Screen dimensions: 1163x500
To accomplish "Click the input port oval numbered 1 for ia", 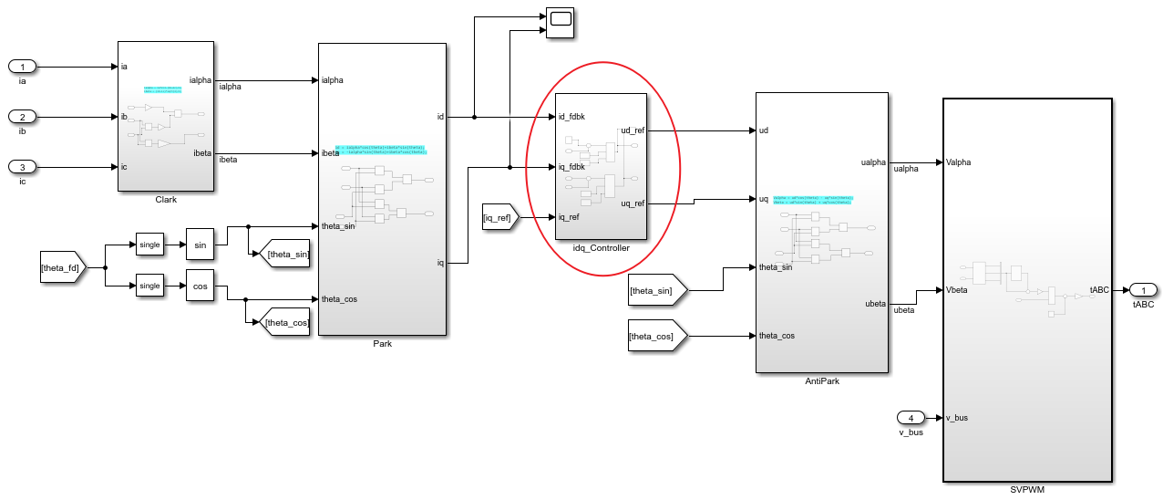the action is tap(22, 67).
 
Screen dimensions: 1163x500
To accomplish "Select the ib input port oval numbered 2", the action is tap(22, 117).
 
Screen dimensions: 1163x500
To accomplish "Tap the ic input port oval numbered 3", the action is tap(22, 167).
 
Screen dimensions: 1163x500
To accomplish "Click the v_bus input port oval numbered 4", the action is tap(911, 418).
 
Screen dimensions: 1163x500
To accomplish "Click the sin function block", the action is tap(199, 245).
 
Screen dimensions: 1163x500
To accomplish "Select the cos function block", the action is tap(199, 286).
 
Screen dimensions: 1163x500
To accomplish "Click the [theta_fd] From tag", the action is tap(62, 268).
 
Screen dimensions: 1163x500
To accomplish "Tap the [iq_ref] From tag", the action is tap(500, 217).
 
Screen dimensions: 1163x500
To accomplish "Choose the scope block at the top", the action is tap(559, 21).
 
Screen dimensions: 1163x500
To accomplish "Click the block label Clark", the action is tap(166, 199).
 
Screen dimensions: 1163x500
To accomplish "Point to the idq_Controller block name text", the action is tap(601, 248).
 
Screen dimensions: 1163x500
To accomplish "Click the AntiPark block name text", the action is tap(821, 381).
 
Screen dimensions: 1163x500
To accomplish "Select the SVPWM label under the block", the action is tap(1026, 490).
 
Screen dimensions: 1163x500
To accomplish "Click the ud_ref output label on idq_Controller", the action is tap(632, 130).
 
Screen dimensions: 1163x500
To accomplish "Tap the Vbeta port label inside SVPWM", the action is tap(958, 290).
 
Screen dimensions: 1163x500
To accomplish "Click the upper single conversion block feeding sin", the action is tap(149, 245).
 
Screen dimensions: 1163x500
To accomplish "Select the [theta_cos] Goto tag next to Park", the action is tap(286, 321).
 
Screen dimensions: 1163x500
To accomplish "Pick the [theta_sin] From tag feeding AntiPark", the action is tap(656, 291).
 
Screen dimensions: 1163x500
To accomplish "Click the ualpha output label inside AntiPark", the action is tap(872, 162).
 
